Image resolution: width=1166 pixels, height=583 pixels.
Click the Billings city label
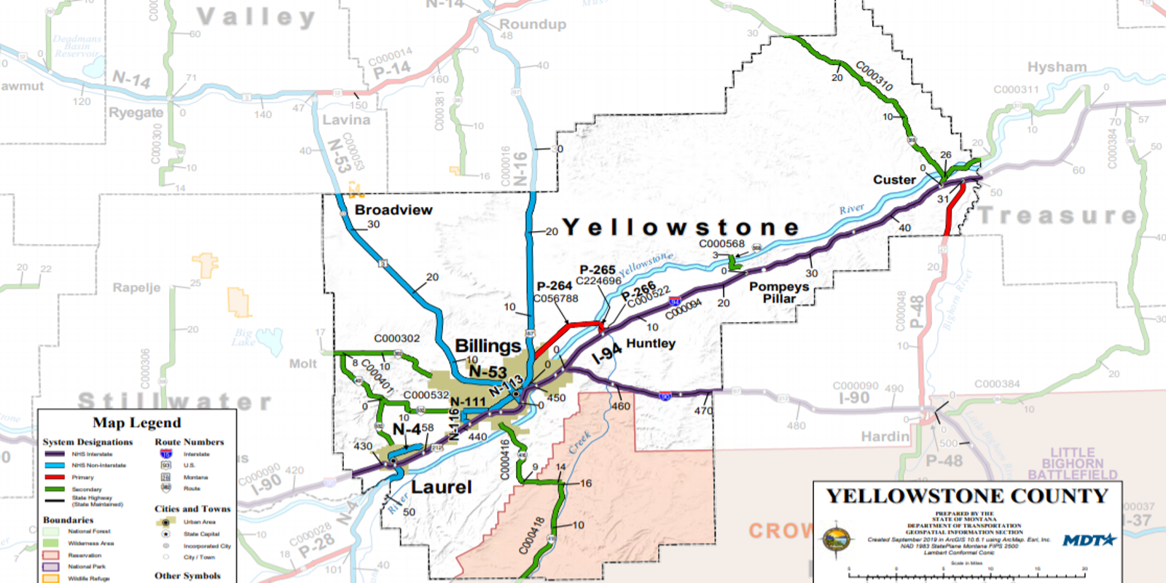pos(488,345)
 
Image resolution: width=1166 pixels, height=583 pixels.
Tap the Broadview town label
pos(394,210)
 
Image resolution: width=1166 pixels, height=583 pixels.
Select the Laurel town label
pos(442,487)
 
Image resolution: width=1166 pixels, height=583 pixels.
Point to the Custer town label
pos(894,180)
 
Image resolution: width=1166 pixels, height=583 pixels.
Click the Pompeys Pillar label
pos(779,292)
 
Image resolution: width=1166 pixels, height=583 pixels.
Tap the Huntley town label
pos(651,343)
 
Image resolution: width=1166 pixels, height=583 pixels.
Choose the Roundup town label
pos(532,24)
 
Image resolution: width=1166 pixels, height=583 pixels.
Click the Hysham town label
pos(1057,67)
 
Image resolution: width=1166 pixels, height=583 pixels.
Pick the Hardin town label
pos(885,437)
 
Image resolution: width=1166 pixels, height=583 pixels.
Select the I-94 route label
pos(606,353)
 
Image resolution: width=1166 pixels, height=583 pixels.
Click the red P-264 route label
pos(554,286)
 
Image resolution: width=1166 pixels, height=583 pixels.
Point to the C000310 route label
pos(874,76)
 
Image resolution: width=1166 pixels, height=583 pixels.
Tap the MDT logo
pos(1089,540)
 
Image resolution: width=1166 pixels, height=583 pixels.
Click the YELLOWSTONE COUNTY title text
pos(967,496)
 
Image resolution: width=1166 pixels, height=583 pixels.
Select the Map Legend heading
pos(136,423)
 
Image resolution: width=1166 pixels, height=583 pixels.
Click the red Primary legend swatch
pos(55,477)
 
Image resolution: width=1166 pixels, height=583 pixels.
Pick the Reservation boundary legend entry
pos(84,555)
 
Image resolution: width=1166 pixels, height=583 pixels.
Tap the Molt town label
pos(302,363)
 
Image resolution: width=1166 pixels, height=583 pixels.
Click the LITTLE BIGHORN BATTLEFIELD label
pos(1072,463)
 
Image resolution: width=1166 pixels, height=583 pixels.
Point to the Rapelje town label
pos(136,288)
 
